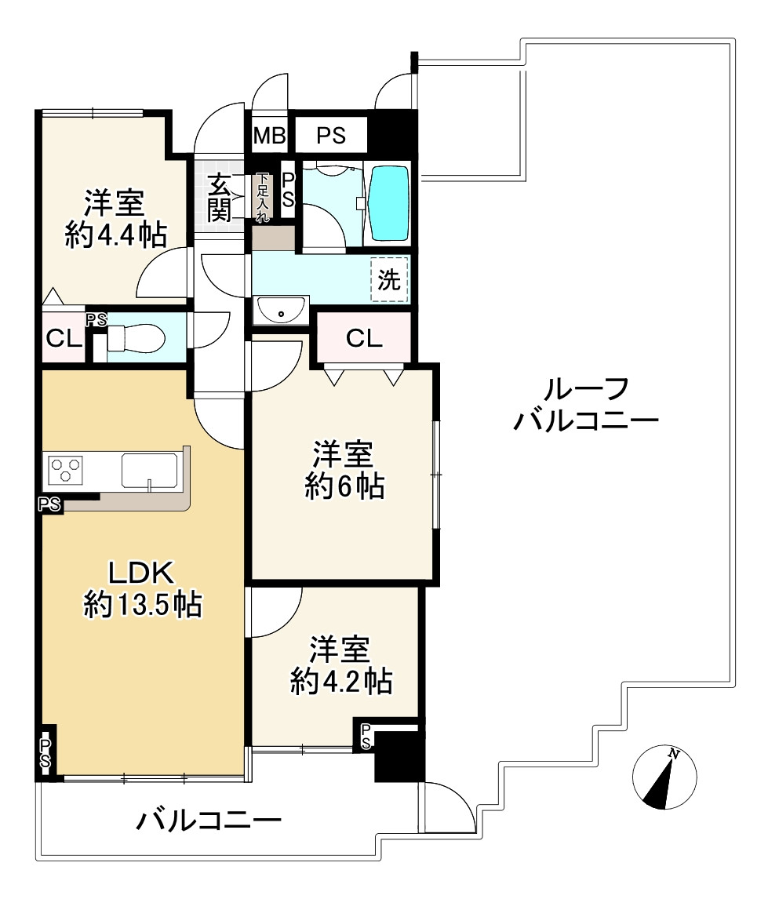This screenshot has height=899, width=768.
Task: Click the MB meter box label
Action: tap(269, 135)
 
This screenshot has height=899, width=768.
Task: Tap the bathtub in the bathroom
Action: tap(390, 203)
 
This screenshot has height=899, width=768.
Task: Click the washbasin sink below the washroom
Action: tap(281, 310)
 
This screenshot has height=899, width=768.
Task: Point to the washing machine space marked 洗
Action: tap(389, 280)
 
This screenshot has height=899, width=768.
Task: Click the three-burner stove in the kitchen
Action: tap(65, 470)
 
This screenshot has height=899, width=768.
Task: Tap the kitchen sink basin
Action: tap(150, 471)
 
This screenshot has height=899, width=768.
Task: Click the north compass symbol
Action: tap(664, 777)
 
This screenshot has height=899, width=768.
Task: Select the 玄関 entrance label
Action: tap(219, 198)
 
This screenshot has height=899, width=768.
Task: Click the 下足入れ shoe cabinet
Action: tap(263, 196)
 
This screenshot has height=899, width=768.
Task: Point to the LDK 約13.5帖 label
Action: tap(142, 588)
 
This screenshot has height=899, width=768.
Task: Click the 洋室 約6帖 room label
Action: tap(344, 470)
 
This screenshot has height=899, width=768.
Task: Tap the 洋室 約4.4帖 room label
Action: tap(115, 218)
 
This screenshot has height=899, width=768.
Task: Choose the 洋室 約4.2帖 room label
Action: tap(341, 665)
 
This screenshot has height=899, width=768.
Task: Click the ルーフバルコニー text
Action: tap(586, 405)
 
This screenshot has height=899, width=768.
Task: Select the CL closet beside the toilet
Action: tap(63, 338)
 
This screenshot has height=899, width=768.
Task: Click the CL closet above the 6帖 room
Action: tap(364, 338)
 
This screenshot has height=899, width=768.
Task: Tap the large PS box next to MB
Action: tap(331, 135)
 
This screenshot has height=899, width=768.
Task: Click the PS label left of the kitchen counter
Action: tap(49, 504)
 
